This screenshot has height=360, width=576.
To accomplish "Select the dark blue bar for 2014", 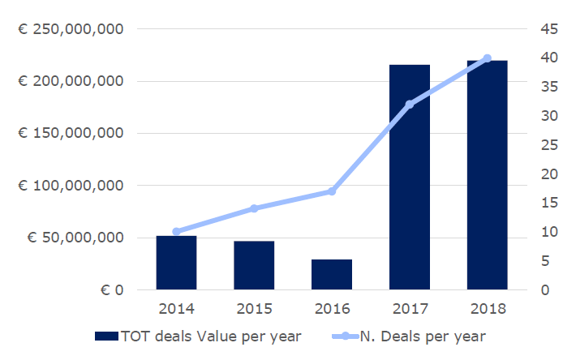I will point(176,263).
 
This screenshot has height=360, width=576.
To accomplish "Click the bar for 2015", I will point(254,265).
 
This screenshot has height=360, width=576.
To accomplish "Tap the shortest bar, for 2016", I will point(332,274).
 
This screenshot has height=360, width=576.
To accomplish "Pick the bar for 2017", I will point(410,177).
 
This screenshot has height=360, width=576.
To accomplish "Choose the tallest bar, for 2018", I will point(487,175).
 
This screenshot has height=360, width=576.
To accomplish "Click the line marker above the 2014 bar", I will point(176,232).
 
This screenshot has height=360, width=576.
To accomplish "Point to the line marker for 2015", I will point(254,208).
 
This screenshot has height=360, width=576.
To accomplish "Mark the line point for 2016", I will point(332,191).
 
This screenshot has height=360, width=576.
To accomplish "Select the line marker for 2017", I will point(410,104).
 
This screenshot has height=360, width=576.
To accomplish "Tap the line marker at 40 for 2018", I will point(487,58).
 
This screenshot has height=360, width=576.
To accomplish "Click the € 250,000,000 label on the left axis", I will point(71,29).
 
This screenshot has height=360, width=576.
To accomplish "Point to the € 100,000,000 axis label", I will point(71,186).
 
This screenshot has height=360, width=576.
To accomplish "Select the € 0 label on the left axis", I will point(109,290).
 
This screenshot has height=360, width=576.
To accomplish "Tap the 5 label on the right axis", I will point(548,261).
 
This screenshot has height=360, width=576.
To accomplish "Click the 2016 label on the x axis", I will point(332,308).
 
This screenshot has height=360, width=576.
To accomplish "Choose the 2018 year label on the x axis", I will point(487,308).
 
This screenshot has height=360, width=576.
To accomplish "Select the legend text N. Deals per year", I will point(423,336).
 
